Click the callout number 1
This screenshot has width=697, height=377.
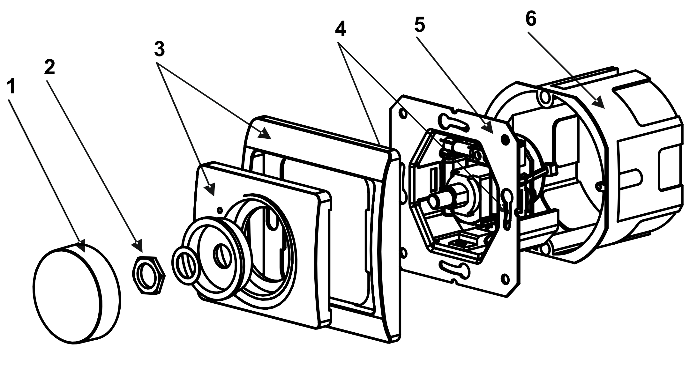point(12,87)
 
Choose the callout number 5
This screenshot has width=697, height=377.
point(420,25)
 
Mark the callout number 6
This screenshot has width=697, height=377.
point(531,19)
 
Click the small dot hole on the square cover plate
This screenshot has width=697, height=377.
point(220,210)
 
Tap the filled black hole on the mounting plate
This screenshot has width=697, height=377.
point(505,139)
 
